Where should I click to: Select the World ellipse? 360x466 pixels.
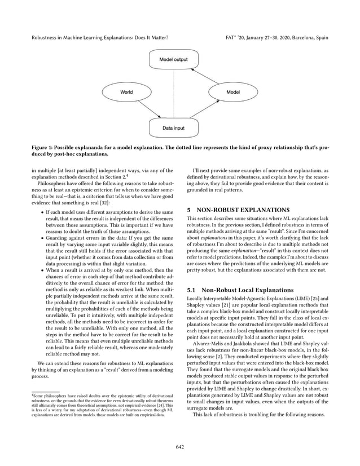(x=127, y=92)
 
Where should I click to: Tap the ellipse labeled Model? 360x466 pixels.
(x=232, y=92)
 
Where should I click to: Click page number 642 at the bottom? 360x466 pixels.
(x=180, y=447)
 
